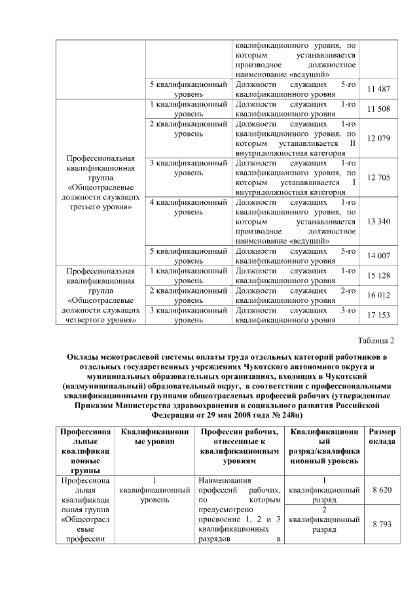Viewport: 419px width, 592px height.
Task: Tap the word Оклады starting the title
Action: (82, 357)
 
